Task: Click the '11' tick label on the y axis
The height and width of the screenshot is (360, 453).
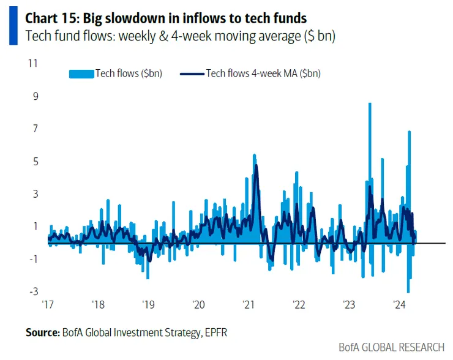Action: [34, 63]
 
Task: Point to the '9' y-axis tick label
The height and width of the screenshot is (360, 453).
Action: [35, 96]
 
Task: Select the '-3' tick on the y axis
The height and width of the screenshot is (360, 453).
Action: [34, 291]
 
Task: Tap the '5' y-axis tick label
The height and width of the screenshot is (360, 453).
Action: [35, 161]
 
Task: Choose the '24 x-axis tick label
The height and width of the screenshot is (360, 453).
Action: [399, 305]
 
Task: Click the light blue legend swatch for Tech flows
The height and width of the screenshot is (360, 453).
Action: [81, 73]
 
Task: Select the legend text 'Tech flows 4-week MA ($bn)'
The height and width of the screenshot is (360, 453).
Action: [263, 73]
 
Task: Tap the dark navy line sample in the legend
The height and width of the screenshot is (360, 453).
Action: [192, 74]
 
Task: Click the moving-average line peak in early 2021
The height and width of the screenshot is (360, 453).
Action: [256, 165]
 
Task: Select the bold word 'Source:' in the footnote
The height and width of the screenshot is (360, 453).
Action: [42, 333]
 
